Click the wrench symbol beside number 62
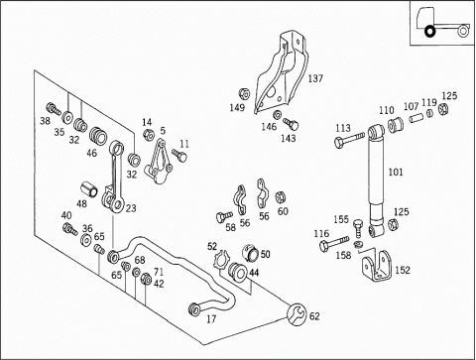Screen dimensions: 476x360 pos(297,314)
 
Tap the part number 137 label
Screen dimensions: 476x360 pos(315,78)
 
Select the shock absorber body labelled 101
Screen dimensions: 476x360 pos(377,181)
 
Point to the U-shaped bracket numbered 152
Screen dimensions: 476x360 pos(377,267)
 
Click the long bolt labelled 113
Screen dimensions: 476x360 pos(349,140)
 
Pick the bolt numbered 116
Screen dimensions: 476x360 pos(334,244)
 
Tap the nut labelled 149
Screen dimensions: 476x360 pos(244,94)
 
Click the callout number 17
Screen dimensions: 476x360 pos(211,319)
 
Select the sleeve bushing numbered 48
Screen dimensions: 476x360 pos(89,188)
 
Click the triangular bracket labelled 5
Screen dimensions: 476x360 pos(159,162)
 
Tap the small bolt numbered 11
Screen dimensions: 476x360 pos(179,155)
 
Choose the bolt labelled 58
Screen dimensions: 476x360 pos(224,217)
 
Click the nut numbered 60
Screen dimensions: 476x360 pos(281,197)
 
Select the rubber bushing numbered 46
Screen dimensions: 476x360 pos(98,136)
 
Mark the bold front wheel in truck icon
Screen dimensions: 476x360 pos(429,32)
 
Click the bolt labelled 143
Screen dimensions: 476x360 pos(291,124)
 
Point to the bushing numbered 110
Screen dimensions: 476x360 pos(396,125)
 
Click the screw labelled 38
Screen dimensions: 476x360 pos(54,109)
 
